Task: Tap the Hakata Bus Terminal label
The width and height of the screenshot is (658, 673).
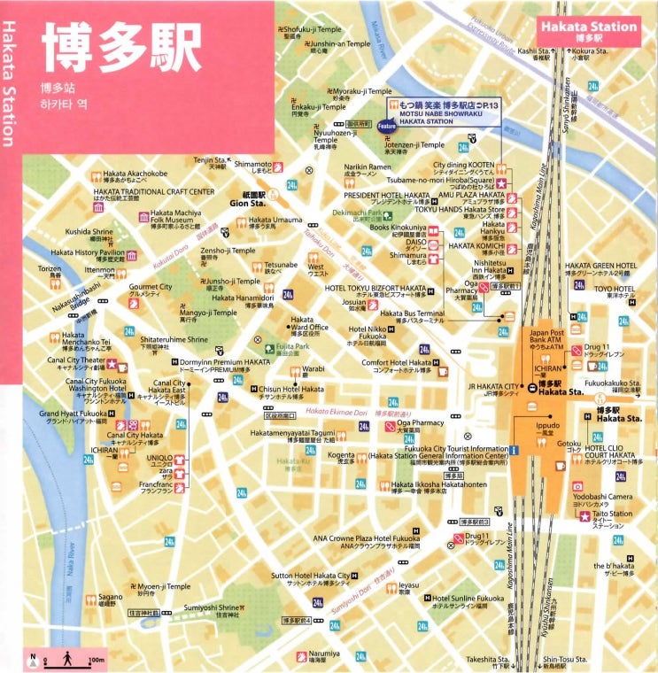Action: tap(412, 313)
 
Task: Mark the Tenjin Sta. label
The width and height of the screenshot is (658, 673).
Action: tap(211, 161)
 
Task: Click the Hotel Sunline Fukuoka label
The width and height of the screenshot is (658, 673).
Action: tap(468, 599)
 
